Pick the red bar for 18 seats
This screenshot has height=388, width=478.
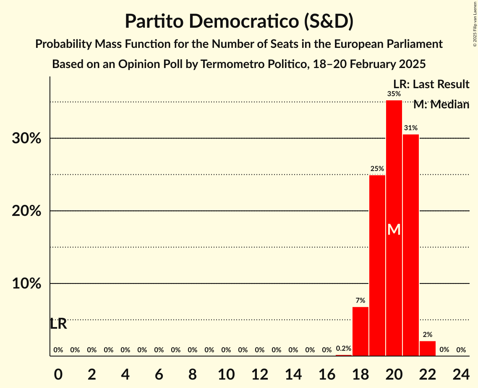point(360,331)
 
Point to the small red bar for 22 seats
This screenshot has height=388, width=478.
point(428,349)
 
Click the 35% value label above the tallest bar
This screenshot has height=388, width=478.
point(394,94)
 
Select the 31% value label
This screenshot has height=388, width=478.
point(411,128)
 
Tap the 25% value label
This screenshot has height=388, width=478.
point(377,169)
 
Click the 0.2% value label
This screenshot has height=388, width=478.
point(344,348)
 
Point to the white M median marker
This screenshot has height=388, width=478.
point(394,229)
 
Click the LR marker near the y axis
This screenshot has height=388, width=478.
point(58,324)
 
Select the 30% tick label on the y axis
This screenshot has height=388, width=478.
point(26,139)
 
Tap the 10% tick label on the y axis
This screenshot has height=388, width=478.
point(26,284)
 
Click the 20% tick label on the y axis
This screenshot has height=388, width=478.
point(26,211)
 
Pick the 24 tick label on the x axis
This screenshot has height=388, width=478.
point(461,373)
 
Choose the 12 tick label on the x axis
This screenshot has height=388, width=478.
point(260,373)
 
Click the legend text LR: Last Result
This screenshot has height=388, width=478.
point(431,84)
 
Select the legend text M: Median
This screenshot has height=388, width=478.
point(441,105)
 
